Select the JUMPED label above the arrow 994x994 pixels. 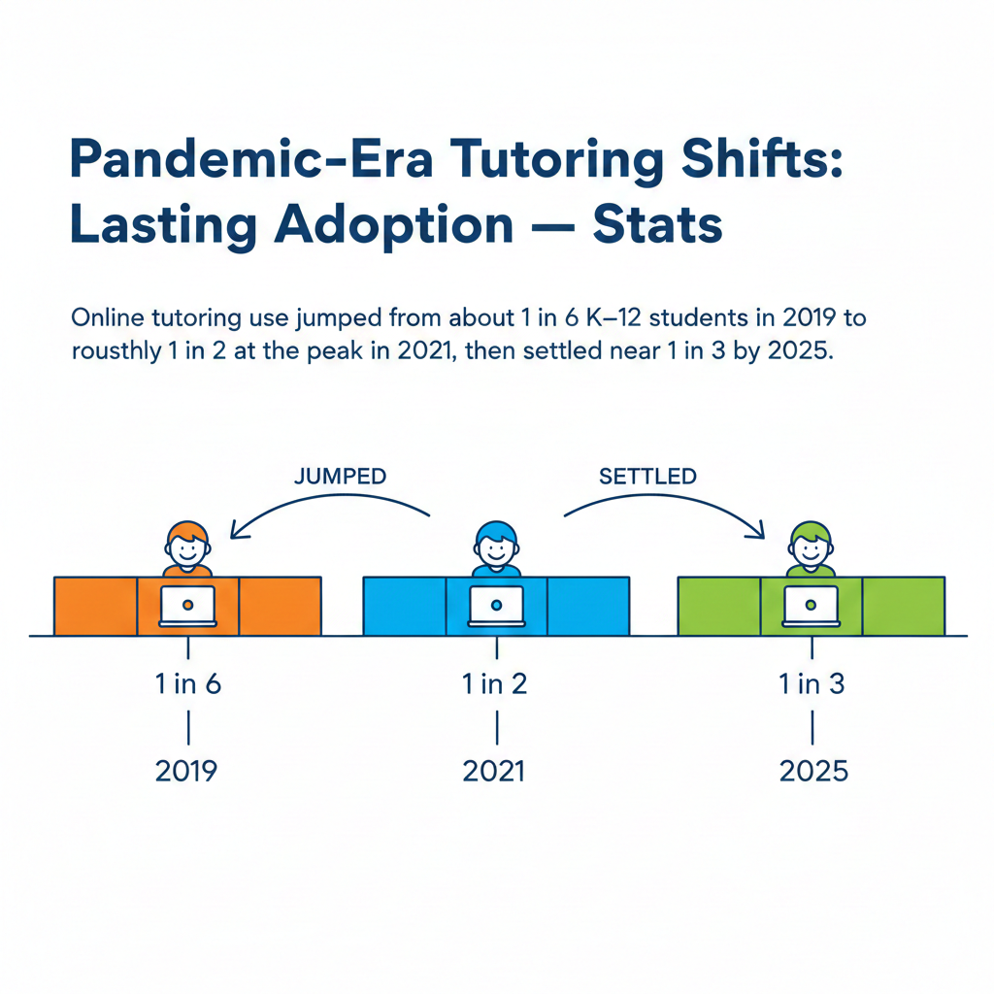[340, 477]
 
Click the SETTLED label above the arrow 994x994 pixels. [647, 477]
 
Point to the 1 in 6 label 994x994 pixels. [188, 683]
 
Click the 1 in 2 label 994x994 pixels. [496, 683]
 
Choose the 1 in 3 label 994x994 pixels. [812, 683]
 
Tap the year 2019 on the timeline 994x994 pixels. [187, 771]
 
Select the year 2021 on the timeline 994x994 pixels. [494, 771]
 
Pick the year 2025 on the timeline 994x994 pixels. [813, 771]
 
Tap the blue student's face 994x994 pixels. [496, 547]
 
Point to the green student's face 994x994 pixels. [811, 547]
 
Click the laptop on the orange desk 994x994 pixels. [188, 606]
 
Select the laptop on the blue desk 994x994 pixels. [496, 606]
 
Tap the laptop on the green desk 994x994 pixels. [811, 606]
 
